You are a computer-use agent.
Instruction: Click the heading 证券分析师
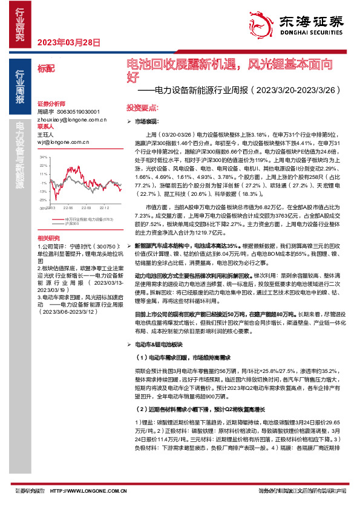tap(50, 104)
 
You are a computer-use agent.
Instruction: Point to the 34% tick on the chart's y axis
tap(43, 157)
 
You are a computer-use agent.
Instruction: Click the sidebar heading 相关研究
tap(48, 238)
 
